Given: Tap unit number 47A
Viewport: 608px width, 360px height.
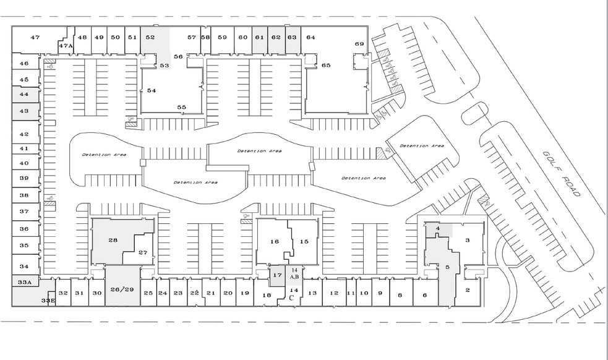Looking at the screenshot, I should coord(66,46).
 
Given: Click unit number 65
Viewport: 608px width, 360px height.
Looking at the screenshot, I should coord(326,65).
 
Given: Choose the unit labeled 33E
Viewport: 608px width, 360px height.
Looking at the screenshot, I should coord(48,300).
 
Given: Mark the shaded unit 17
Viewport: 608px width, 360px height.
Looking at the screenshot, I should coord(277,275).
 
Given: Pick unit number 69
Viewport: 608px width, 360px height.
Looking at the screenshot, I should coord(359,44).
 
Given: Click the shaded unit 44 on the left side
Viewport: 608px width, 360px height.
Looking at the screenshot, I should coord(24,95).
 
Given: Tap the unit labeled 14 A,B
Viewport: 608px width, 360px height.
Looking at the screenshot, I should coord(294,274).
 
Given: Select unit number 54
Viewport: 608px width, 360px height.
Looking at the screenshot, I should coord(151,90).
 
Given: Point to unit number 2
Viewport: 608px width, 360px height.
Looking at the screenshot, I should coord(468,289).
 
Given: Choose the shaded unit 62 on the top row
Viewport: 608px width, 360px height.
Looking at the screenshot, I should coord(276,37).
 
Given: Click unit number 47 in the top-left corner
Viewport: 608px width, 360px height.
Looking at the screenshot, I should coord(35,38).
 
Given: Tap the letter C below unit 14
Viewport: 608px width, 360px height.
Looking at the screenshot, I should coord(291,298).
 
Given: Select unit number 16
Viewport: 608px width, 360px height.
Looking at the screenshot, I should coord(275,241).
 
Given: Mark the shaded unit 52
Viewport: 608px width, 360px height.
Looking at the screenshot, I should coord(150,37).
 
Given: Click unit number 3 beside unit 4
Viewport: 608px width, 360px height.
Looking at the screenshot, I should coord(468,240).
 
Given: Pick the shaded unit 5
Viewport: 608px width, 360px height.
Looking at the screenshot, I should coord(447,267).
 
